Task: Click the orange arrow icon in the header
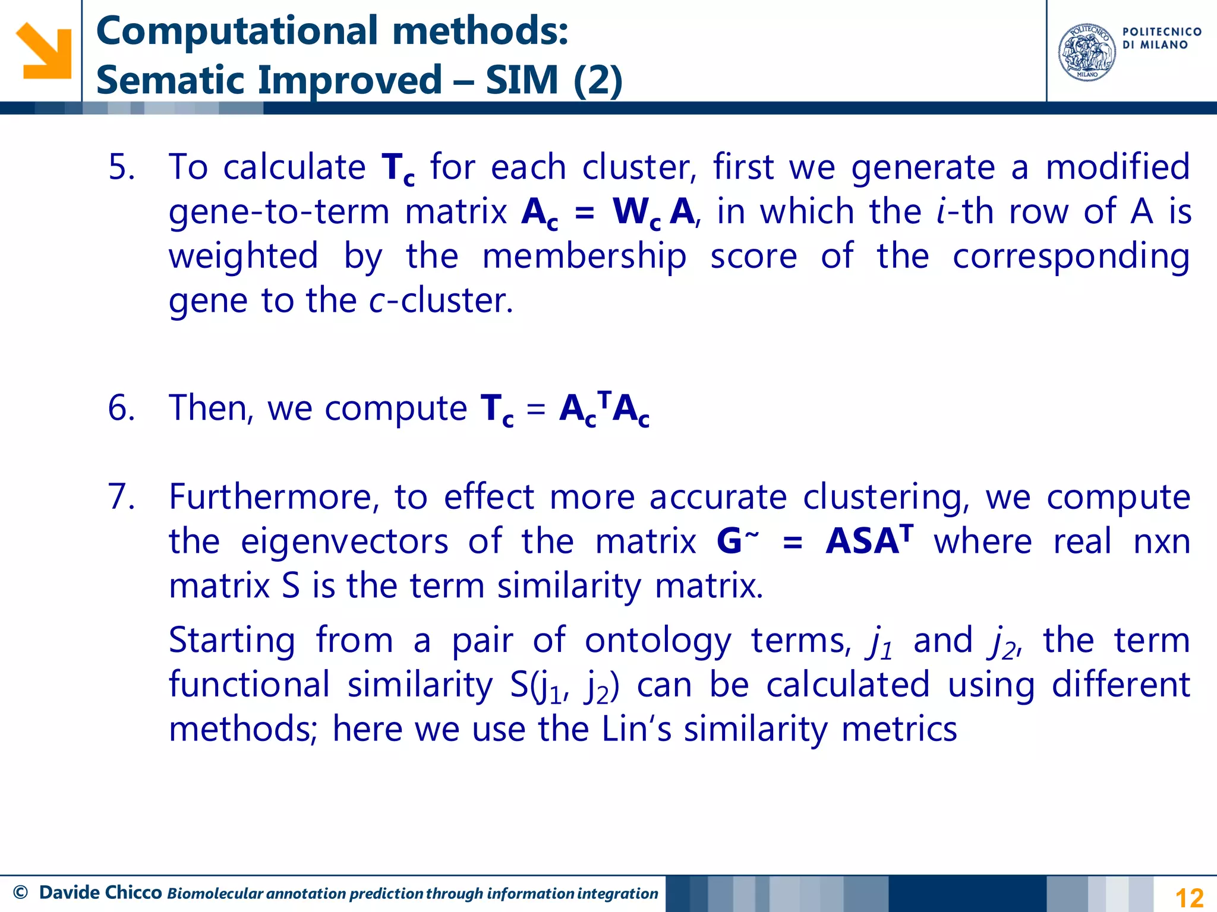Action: [x=43, y=50]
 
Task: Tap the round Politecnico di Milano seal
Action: [x=1087, y=52]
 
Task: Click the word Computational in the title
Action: [x=237, y=31]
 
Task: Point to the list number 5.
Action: [x=121, y=167]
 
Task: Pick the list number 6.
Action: [x=121, y=408]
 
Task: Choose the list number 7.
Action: [x=121, y=497]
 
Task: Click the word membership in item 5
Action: [x=584, y=257]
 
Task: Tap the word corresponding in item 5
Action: [x=1071, y=257]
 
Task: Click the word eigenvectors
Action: [x=345, y=541]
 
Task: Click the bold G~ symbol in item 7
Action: [x=737, y=541]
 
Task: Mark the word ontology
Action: [x=658, y=641]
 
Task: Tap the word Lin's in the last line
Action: [x=636, y=729]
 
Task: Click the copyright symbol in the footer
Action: [x=20, y=892]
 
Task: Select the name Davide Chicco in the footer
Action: [x=100, y=892]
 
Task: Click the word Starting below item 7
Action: [x=232, y=641]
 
